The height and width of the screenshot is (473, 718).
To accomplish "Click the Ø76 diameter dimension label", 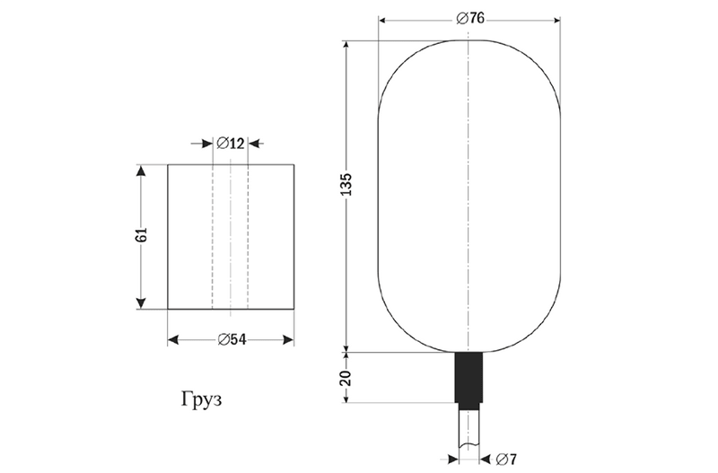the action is click(x=470, y=18).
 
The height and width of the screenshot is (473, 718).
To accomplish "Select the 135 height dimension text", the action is click(x=346, y=185).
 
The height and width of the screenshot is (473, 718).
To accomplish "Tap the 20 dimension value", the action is click(x=346, y=378).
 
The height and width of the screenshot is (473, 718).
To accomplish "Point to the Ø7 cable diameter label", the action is click(x=506, y=459).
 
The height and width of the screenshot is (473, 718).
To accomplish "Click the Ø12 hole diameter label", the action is click(x=231, y=144).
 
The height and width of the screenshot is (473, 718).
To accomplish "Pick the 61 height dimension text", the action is click(x=141, y=234).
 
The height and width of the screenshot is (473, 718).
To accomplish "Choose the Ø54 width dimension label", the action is click(x=232, y=340).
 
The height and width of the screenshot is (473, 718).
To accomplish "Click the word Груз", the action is click(x=201, y=399).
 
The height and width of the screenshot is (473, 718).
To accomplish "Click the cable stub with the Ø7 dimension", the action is click(x=468, y=429).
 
